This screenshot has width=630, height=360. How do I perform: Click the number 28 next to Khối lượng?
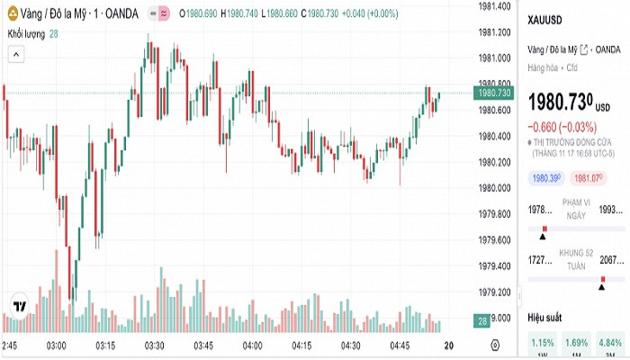click(54, 33)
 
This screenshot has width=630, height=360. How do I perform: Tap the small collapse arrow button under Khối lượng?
click(15, 54)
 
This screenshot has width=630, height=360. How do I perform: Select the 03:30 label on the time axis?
click(154, 346)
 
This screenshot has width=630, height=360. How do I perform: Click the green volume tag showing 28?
click(483, 321)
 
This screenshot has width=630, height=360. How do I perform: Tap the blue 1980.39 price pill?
click(545, 178)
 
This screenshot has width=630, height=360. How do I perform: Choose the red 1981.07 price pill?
click(587, 178)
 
